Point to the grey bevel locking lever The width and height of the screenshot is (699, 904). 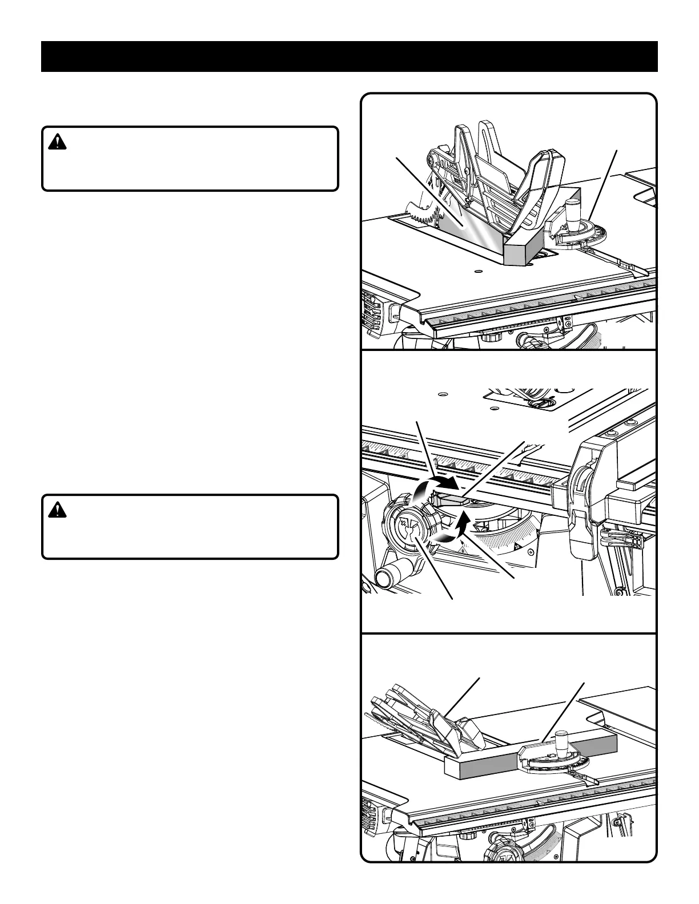pos(451,500)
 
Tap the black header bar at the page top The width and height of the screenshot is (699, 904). pos(349,56)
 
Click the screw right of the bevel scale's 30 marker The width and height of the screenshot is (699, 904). pos(531,552)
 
